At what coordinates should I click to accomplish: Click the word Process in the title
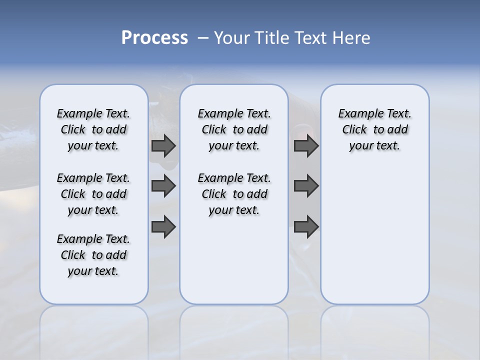[x=154, y=37]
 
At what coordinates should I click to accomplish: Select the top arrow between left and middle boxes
[x=163, y=146]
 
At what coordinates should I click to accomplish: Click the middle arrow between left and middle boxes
[x=163, y=186]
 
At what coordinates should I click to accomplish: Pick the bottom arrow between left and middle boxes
[x=163, y=226]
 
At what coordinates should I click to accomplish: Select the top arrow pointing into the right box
[x=306, y=146]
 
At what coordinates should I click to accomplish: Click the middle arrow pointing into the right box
[x=306, y=186]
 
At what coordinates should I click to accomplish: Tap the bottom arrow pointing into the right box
[x=306, y=226]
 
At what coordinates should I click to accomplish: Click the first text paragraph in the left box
[x=93, y=129]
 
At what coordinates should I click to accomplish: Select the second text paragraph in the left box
[x=93, y=194]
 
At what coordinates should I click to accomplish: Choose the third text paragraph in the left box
[x=93, y=255]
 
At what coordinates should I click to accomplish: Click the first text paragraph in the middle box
[x=234, y=129]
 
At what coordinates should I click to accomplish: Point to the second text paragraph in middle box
[x=234, y=194]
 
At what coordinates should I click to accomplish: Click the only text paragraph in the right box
[x=374, y=129]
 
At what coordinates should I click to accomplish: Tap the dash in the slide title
[x=203, y=37]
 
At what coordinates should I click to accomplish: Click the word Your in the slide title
[x=232, y=37]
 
